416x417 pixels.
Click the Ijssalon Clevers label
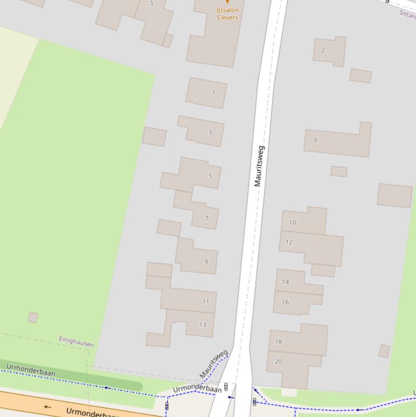pyautogui.click(x=227, y=14)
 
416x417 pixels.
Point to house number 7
pyautogui.click(x=206, y=218)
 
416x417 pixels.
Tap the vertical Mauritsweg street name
pyautogui.click(x=259, y=166)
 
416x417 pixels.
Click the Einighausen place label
pyautogui.click(x=76, y=341)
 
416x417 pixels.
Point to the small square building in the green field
pyautogui.click(x=33, y=317)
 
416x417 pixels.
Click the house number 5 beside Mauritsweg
pyautogui.click(x=210, y=175)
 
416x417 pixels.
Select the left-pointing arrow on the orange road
pyautogui.click(x=48, y=407)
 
